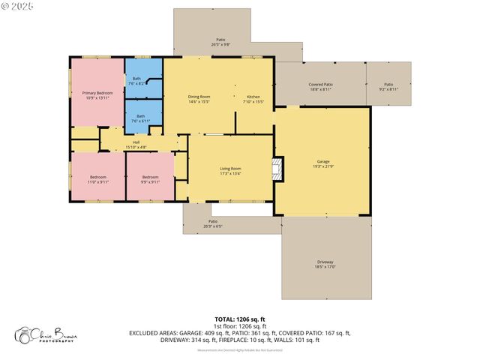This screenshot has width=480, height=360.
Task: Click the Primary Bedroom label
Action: (97, 92)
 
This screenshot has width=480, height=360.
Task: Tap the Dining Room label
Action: (199, 97)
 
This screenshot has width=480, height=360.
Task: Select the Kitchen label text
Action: (253, 97)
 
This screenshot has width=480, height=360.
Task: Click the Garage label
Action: (322, 161)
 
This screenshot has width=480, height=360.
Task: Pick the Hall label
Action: (136, 142)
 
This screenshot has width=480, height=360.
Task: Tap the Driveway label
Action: (325, 262)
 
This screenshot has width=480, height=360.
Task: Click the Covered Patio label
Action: (320, 85)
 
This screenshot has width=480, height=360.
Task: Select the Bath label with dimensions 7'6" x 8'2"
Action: (136, 79)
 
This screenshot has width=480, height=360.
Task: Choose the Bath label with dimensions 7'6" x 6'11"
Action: (140, 116)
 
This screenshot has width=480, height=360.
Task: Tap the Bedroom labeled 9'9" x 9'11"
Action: (151, 177)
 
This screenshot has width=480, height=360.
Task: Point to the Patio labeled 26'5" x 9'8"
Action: (220, 40)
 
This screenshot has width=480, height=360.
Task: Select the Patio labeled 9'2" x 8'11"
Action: (388, 85)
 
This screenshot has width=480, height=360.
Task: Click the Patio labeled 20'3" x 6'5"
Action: (213, 221)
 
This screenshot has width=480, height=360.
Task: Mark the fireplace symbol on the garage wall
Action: (277, 169)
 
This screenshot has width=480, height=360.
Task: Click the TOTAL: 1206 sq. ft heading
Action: (239, 319)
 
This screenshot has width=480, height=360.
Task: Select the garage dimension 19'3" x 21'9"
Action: (322, 166)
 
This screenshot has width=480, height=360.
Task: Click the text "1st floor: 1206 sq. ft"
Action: (239, 326)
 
